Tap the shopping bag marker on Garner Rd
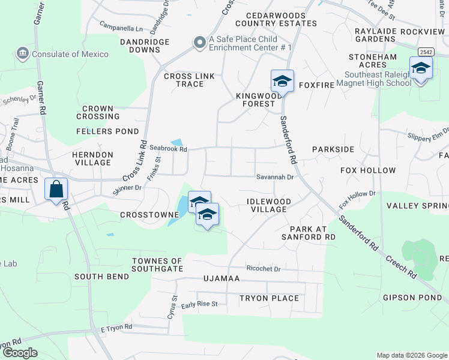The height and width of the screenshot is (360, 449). (x=56, y=190)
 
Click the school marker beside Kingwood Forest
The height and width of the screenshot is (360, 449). (x=282, y=80)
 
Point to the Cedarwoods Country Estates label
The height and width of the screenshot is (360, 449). (x=276, y=19)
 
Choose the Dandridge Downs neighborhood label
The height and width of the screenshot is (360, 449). (x=145, y=46)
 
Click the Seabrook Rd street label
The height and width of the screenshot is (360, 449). (x=169, y=149)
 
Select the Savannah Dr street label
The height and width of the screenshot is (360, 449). (x=275, y=177)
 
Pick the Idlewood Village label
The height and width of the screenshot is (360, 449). (x=268, y=205)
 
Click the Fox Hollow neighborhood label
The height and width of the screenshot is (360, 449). (x=368, y=170)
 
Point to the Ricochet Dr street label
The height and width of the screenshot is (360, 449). (x=264, y=269)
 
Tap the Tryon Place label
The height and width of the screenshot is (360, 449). (x=269, y=298)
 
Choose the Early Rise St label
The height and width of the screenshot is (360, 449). (x=199, y=304)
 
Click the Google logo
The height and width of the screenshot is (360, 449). (x=20, y=353)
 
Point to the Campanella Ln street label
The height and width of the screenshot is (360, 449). (x=122, y=28)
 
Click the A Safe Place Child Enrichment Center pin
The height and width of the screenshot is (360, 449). (x=199, y=42)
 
